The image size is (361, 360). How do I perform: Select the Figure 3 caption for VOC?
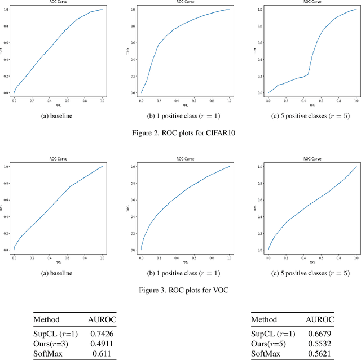(180, 291)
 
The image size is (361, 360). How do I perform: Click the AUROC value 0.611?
(102, 354)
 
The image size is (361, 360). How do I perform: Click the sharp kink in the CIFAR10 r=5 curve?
(308, 74)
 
